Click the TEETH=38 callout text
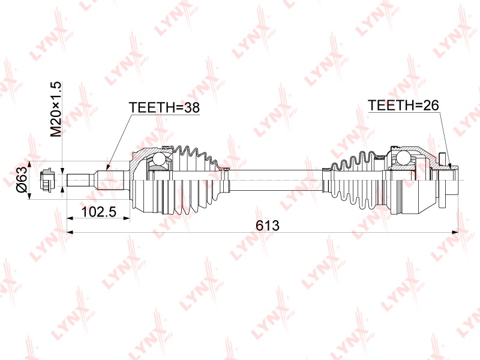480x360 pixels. pyautogui.click(x=164, y=107)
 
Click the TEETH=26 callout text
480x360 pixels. pyautogui.click(x=403, y=106)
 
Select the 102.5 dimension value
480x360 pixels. pyautogui.click(x=99, y=212)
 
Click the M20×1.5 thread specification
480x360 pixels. pyautogui.click(x=56, y=109)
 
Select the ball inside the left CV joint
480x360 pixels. pyautogui.click(x=159, y=159)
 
